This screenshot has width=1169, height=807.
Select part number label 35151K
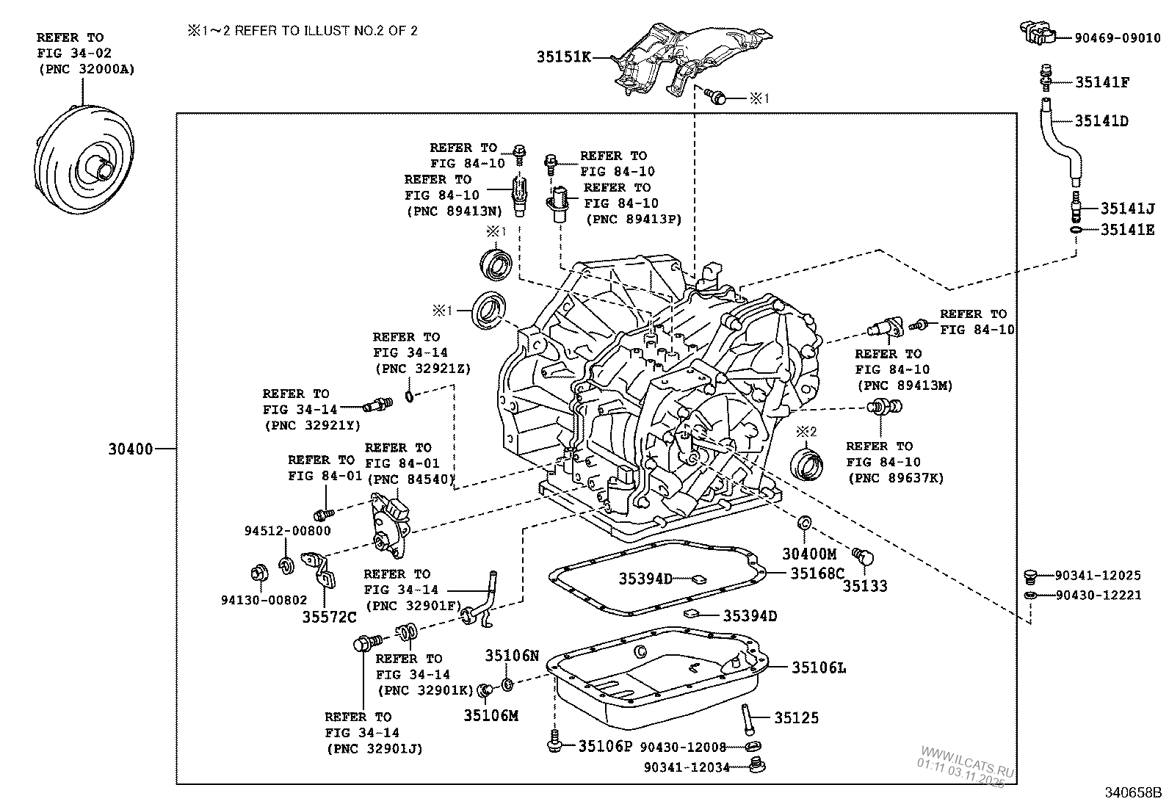coord(564,57)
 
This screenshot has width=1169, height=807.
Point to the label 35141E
coord(1127,230)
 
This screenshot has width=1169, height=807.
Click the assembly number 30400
coord(130,448)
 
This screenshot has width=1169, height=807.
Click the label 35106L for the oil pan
coord(818,667)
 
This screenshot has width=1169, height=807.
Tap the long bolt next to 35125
coord(746,718)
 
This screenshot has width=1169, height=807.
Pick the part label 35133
coord(864,586)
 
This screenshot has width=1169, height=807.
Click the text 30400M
coord(808,555)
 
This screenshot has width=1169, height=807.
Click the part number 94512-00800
coord(287,530)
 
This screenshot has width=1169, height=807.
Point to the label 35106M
coord(491,714)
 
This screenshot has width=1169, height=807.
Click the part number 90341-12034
coord(687,767)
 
